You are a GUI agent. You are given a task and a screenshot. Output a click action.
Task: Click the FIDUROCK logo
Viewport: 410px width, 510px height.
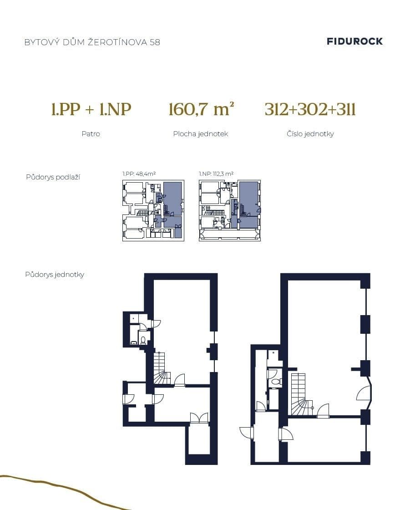tap(354, 41)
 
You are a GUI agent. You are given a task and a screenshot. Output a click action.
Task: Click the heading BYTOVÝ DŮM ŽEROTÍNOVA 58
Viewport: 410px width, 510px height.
tap(92, 42)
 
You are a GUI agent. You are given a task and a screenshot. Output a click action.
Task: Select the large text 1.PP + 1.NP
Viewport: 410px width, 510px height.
tap(91, 110)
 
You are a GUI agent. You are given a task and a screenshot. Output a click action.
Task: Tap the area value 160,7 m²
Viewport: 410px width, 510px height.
tap(201, 110)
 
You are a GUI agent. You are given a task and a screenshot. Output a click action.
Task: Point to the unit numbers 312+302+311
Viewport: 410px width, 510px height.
tap(310, 110)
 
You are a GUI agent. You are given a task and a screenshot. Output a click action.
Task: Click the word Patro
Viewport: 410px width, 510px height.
tap(91, 134)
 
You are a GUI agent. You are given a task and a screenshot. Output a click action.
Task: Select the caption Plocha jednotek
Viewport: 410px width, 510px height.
tap(200, 134)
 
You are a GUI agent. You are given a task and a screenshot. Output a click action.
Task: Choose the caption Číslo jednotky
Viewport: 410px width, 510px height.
tap(310, 134)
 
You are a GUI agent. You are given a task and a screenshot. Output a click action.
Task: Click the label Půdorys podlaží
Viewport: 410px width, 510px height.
tap(53, 177)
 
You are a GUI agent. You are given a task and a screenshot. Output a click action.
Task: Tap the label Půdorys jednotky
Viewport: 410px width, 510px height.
tap(55, 275)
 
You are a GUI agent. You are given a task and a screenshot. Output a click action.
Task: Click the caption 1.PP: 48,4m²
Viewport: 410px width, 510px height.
tap(139, 173)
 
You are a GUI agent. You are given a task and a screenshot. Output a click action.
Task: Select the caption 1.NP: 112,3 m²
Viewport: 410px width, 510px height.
tap(216, 173)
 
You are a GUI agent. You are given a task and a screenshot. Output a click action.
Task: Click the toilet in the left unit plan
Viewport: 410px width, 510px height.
tap(143, 340)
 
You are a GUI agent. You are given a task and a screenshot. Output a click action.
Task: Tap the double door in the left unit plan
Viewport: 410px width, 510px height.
tap(199, 418)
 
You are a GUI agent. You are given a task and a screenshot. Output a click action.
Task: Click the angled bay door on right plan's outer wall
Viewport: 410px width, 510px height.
tap(365, 393)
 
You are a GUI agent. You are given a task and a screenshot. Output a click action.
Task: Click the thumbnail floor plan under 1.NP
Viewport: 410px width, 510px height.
tap(230, 210)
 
